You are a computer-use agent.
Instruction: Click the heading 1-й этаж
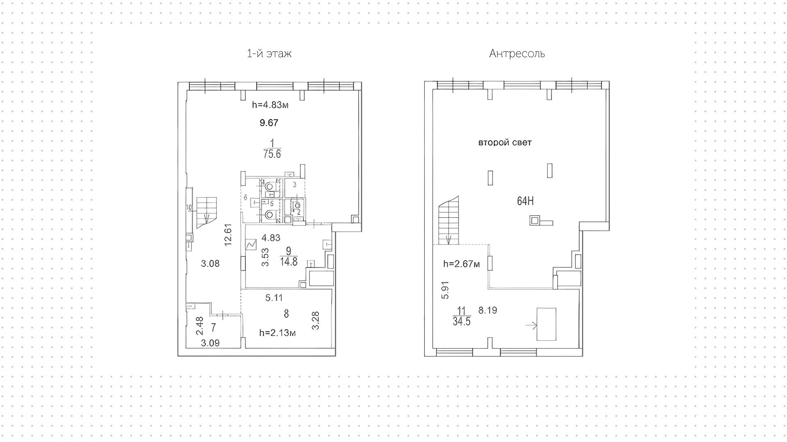tap(269, 54)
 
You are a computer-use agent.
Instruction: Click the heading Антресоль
tap(516, 54)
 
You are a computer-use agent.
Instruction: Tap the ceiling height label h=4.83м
tap(270, 105)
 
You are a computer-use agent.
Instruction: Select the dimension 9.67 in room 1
tap(269, 123)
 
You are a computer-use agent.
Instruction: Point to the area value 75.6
tap(272, 154)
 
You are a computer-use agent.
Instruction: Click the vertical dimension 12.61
tap(229, 234)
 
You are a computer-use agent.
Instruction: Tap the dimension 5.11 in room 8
tap(274, 298)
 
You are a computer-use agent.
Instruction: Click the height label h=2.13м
tap(277, 333)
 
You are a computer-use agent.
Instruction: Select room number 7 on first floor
tap(214, 327)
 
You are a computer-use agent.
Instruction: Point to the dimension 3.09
tap(210, 343)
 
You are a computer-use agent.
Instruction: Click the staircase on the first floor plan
tap(206, 212)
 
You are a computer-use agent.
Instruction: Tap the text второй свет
tap(505, 143)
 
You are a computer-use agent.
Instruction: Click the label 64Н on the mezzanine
tap(525, 201)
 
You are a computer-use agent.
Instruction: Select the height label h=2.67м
tap(461, 264)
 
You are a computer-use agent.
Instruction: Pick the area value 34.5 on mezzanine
tap(461, 321)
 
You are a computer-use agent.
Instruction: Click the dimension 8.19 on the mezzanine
tap(487, 310)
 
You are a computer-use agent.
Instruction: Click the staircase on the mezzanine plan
tap(449, 221)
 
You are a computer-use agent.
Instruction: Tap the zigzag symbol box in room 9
tap(250, 244)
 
